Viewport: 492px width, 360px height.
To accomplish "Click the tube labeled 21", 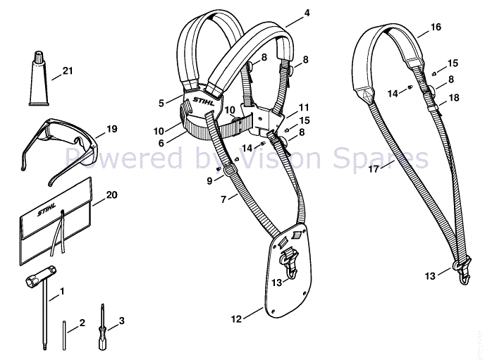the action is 39,78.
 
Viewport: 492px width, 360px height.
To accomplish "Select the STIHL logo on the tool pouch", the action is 47,209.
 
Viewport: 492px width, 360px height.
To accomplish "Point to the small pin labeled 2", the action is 64,335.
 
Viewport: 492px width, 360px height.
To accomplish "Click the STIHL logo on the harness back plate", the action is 204,101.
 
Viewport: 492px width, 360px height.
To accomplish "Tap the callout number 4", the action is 307,13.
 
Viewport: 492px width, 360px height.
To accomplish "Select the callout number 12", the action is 236,319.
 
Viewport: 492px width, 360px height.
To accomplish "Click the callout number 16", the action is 436,27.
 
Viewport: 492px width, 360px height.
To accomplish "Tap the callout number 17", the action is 374,169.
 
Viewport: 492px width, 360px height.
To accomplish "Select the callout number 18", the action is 454,98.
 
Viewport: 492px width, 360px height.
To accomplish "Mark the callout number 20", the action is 111,194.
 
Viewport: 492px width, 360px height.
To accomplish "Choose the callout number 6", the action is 161,143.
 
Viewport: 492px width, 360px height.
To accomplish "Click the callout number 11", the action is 304,108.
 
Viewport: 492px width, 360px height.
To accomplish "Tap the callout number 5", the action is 161,103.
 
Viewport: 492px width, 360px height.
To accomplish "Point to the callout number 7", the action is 223,199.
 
